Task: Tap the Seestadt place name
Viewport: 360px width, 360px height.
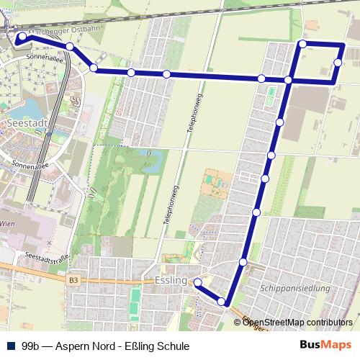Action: (x=26, y=124)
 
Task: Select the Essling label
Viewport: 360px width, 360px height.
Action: (x=171, y=279)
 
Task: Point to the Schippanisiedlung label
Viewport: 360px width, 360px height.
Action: (x=298, y=288)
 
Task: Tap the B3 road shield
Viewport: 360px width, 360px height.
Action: (x=73, y=279)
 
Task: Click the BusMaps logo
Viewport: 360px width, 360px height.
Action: (x=325, y=346)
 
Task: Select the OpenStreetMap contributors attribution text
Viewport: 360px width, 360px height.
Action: (x=298, y=322)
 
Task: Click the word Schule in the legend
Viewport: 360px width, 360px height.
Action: (x=174, y=346)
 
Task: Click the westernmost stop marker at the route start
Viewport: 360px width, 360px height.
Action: (x=22, y=36)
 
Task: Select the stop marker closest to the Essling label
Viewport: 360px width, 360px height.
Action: (x=195, y=282)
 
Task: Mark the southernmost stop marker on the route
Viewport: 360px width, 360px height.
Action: (x=222, y=302)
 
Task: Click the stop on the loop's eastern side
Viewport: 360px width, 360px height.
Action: (x=338, y=63)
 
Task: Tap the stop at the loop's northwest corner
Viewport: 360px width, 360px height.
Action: (x=302, y=45)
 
